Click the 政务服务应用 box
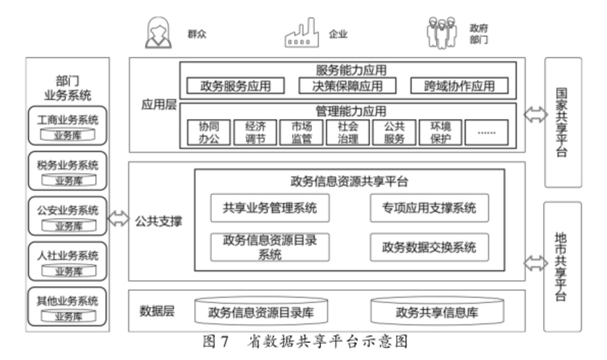(x=235, y=86)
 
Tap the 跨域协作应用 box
(x=459, y=86)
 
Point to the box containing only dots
(x=486, y=132)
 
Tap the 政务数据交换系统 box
(x=429, y=247)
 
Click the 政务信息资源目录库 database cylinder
(x=261, y=312)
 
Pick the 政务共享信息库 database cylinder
(x=437, y=312)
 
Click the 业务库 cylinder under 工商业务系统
(x=68, y=135)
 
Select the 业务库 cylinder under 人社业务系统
(x=68, y=271)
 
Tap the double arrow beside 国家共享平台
(x=535, y=116)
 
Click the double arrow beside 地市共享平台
(x=535, y=264)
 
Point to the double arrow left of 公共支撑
(x=119, y=219)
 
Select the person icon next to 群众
(x=158, y=33)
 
